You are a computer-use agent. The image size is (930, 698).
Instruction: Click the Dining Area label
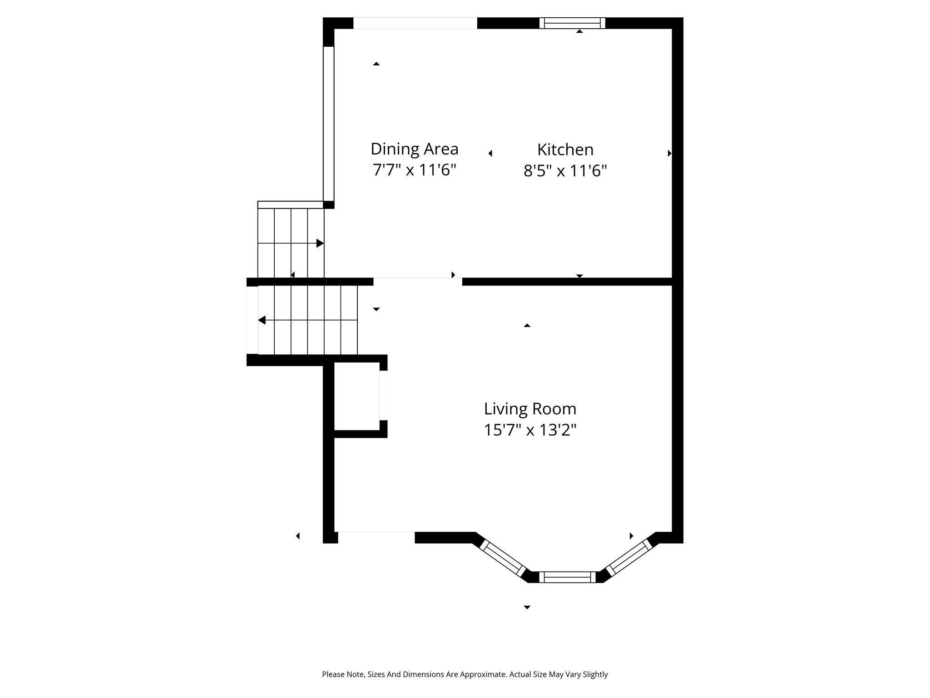tap(414, 149)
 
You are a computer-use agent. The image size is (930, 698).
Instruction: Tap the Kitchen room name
tap(565, 150)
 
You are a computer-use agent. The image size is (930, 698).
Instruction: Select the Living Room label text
tap(530, 409)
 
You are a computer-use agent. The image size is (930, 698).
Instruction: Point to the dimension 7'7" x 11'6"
tap(414, 170)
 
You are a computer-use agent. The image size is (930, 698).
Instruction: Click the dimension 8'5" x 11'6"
tap(565, 171)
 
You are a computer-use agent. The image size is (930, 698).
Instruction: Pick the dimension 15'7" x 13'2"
tap(530, 430)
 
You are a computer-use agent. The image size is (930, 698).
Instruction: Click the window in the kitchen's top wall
tap(572, 23)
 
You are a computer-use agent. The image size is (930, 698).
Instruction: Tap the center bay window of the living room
tap(567, 577)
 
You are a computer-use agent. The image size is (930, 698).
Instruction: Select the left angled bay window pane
tap(503, 558)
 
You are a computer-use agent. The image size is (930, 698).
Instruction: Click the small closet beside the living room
tap(357, 396)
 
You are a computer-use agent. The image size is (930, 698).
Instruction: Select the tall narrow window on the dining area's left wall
tap(329, 124)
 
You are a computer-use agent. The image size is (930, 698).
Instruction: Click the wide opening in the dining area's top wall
tap(415, 23)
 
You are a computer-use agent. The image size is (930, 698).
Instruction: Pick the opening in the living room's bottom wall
tap(376, 537)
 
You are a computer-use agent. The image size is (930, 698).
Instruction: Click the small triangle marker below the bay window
tap(527, 607)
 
